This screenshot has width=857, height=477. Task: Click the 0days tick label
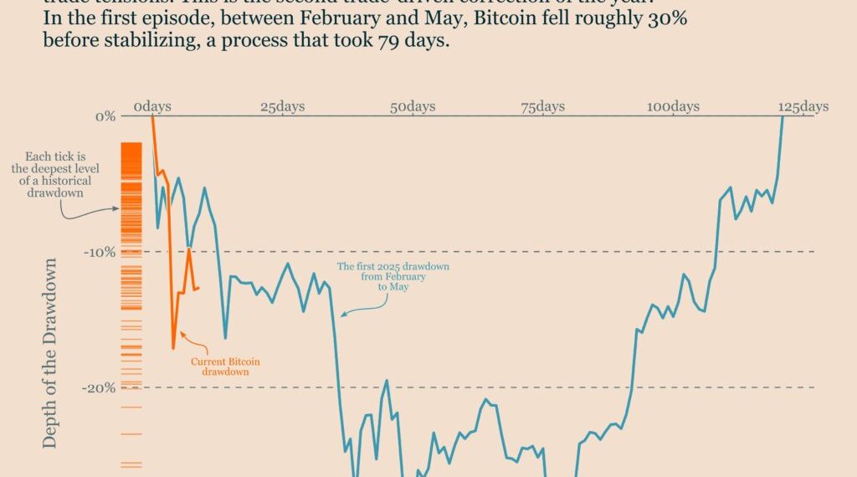click(x=152, y=106)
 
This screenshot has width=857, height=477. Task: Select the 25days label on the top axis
click(x=282, y=106)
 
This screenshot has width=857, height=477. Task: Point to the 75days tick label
click(x=542, y=106)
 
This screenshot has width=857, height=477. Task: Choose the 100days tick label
click(x=673, y=106)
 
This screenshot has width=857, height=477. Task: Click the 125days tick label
click(x=803, y=106)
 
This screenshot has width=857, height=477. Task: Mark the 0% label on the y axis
click(x=105, y=115)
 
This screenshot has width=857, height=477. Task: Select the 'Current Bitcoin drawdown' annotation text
click(x=226, y=367)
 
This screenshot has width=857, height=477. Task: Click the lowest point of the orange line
click(x=173, y=347)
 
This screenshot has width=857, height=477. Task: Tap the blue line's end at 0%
click(x=783, y=117)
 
